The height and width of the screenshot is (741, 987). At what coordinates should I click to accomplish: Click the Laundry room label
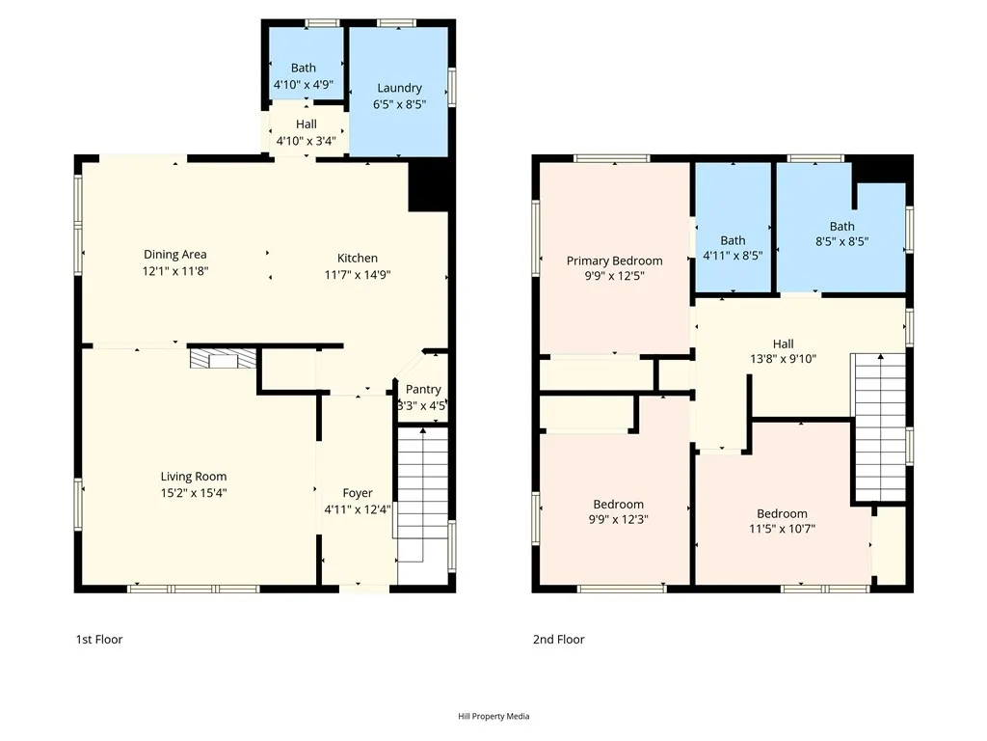[x=399, y=88]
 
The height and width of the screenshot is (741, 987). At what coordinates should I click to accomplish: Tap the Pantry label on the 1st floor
[x=423, y=390]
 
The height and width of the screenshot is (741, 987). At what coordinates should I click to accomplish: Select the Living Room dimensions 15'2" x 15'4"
[x=194, y=493]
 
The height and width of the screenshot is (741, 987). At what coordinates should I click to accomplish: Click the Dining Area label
[x=175, y=255]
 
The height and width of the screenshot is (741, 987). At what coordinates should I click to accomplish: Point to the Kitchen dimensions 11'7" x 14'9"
[x=357, y=274]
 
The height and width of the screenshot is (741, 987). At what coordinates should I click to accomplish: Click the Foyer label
[x=358, y=493]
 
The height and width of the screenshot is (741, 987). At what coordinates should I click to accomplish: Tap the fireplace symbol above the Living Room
[x=224, y=360]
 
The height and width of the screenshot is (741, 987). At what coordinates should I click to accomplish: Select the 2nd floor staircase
[x=880, y=425]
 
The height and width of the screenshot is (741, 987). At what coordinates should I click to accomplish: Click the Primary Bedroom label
[x=614, y=261]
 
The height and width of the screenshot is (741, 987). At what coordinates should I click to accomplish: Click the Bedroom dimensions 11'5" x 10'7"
[x=782, y=530]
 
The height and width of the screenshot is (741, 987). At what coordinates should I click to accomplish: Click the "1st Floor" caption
[x=99, y=640]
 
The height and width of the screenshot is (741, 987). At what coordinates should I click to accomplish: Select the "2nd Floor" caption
[x=558, y=640]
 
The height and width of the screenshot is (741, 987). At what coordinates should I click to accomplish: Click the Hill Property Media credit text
[x=493, y=716]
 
